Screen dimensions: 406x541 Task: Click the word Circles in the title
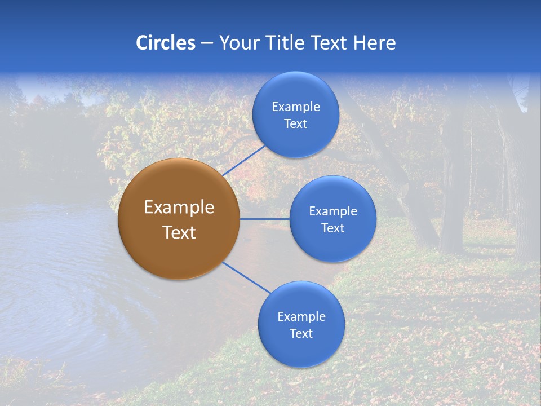[x=165, y=43]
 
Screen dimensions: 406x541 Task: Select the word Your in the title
[x=238, y=43]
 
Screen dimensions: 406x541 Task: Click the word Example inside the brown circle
[x=179, y=207]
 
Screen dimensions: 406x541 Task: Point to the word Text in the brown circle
[x=179, y=232]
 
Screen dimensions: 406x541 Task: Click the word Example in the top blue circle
[x=295, y=107]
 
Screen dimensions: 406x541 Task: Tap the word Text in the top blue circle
[x=295, y=123]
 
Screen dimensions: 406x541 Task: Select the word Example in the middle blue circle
[x=332, y=211]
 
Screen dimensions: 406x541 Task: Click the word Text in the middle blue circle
[x=332, y=228]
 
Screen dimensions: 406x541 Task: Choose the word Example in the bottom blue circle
[x=301, y=316]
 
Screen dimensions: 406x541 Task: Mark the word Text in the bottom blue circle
[x=301, y=333]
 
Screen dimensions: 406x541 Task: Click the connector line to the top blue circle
[x=244, y=160]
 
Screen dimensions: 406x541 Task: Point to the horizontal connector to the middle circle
[x=264, y=219]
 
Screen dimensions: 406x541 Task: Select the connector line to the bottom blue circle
[x=246, y=277]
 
